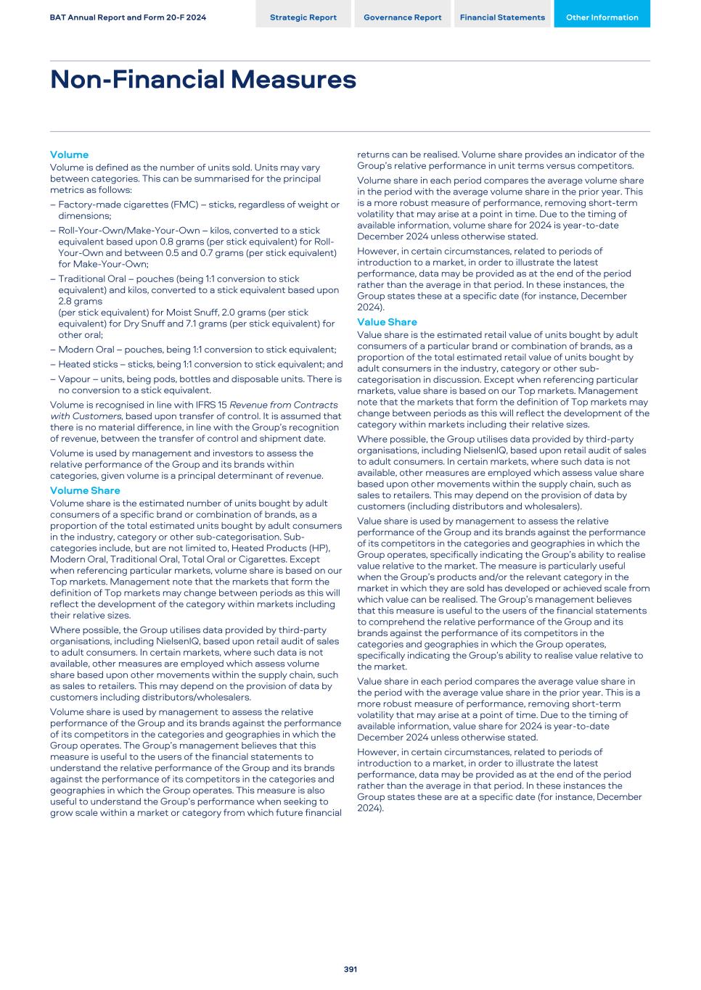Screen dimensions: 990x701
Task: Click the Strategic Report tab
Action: click(303, 17)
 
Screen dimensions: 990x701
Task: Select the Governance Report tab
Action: click(402, 17)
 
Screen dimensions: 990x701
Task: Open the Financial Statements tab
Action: click(502, 17)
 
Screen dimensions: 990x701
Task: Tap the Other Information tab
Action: click(602, 17)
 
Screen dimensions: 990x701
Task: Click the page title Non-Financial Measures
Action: click(203, 79)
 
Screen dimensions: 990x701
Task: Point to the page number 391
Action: click(350, 969)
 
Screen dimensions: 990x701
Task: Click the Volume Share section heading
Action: click(85, 490)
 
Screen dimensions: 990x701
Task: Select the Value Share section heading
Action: click(387, 322)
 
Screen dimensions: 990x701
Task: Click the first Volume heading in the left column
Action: click(69, 154)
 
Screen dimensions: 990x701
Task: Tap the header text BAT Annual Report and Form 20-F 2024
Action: click(128, 17)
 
